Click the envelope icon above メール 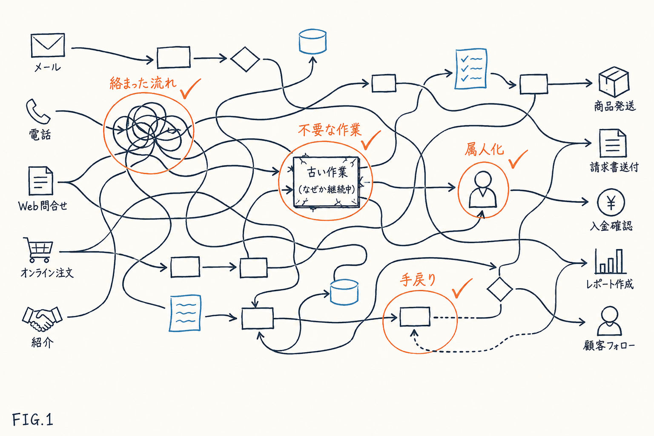(48, 45)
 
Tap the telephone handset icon (38, 111)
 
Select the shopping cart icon (39, 250)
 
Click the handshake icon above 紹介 (42, 319)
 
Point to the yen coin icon (611, 202)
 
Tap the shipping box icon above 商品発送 (614, 82)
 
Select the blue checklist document (471, 69)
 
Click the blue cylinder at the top (313, 41)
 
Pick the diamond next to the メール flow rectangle (245, 59)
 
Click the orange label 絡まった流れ (143, 83)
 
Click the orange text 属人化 (484, 149)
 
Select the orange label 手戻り (418, 280)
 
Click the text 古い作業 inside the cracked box (327, 172)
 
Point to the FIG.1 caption (33, 420)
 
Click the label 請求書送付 (614, 167)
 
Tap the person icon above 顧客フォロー (609, 321)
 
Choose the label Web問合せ (43, 206)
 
